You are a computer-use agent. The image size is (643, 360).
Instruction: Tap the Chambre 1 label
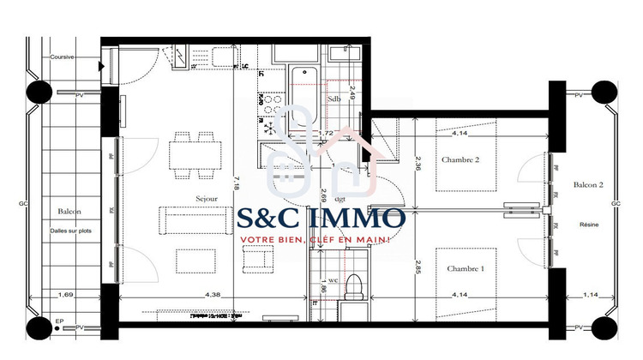click(465, 268)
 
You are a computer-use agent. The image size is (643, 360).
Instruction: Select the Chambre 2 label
click(460, 160)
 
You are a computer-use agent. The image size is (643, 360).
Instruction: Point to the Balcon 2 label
click(588, 185)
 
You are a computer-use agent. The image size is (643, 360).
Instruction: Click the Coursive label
click(62, 57)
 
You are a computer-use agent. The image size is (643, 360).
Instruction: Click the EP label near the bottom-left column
click(58, 322)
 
